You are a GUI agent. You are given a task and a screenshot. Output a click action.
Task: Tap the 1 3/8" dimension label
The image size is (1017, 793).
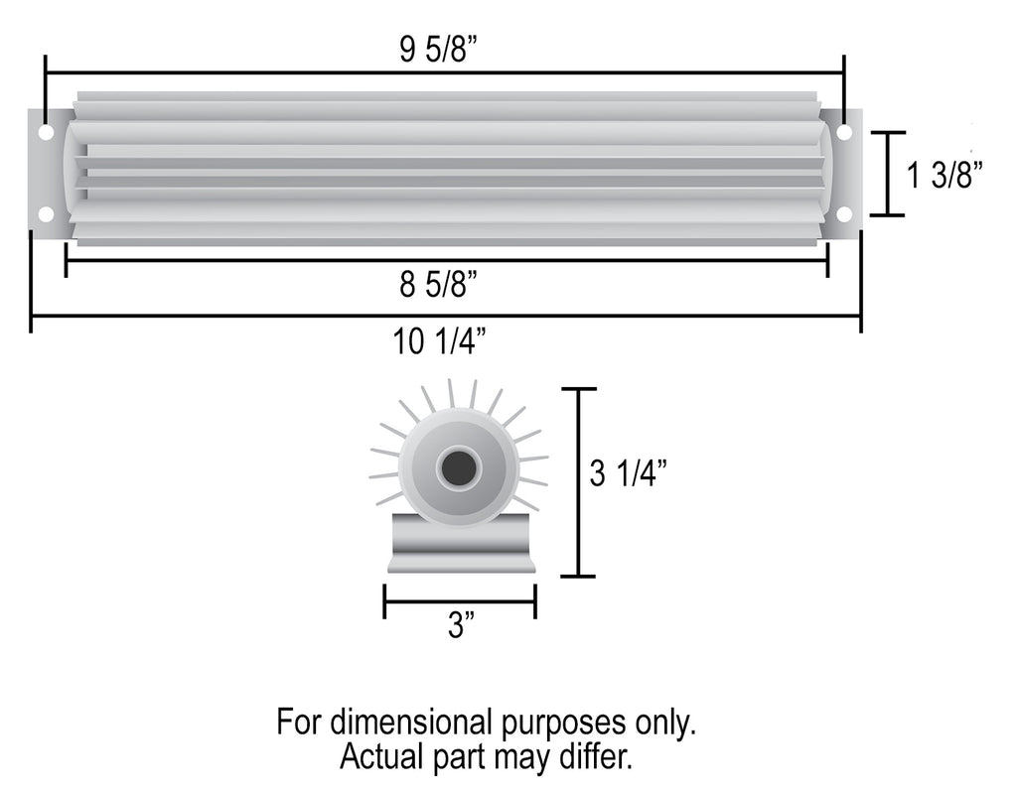click(x=944, y=176)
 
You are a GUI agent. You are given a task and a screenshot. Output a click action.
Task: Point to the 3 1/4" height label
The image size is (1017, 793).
click(x=626, y=474)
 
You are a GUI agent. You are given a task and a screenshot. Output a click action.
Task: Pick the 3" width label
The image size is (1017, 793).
click(x=460, y=626)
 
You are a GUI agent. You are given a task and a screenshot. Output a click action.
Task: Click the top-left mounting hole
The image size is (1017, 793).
click(x=46, y=132)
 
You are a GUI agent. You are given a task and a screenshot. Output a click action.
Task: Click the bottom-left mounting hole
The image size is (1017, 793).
click(x=46, y=213)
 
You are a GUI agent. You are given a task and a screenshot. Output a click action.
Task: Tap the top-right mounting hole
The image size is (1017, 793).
click(x=844, y=132)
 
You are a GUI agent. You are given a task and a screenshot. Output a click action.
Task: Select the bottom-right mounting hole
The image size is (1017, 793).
click(x=844, y=213)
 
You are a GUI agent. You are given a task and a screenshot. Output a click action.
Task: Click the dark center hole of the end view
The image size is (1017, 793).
click(x=458, y=467)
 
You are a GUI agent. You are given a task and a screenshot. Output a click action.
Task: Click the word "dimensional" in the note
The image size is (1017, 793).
click(x=406, y=722)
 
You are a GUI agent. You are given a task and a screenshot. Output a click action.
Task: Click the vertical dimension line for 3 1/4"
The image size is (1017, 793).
click(x=578, y=482)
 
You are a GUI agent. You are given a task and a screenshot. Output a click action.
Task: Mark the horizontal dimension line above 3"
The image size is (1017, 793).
click(x=460, y=600)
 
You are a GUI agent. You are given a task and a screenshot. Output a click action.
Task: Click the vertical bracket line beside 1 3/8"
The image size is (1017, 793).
click(x=887, y=174)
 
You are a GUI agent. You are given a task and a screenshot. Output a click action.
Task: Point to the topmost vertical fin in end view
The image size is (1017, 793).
click(x=450, y=393)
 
